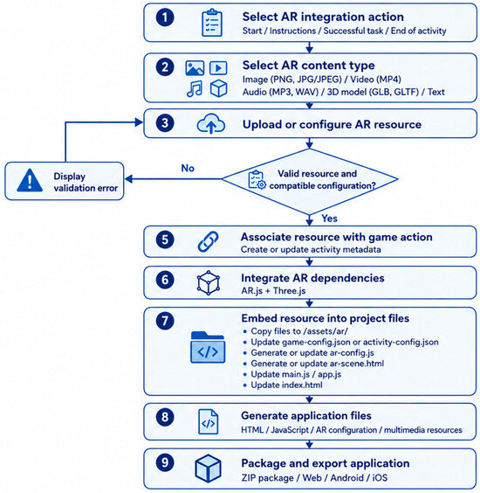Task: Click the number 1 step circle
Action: [165, 17]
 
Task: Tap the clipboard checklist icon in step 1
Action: [212, 23]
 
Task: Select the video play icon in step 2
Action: [218, 68]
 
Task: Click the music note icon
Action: [195, 88]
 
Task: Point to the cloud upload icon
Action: [211, 124]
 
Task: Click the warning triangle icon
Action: [30, 180]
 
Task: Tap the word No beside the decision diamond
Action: [188, 168]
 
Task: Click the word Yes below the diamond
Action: [329, 219]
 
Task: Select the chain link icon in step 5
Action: [209, 241]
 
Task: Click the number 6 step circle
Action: [165, 280]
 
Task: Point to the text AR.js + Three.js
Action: [273, 291]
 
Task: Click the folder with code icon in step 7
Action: [208, 347]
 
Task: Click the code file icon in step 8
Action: [209, 421]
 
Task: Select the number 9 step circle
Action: [165, 462]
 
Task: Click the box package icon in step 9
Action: [208, 469]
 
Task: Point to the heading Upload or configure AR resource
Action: [332, 124]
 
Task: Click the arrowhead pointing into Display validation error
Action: [128, 179]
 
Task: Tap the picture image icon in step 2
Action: [195, 68]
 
